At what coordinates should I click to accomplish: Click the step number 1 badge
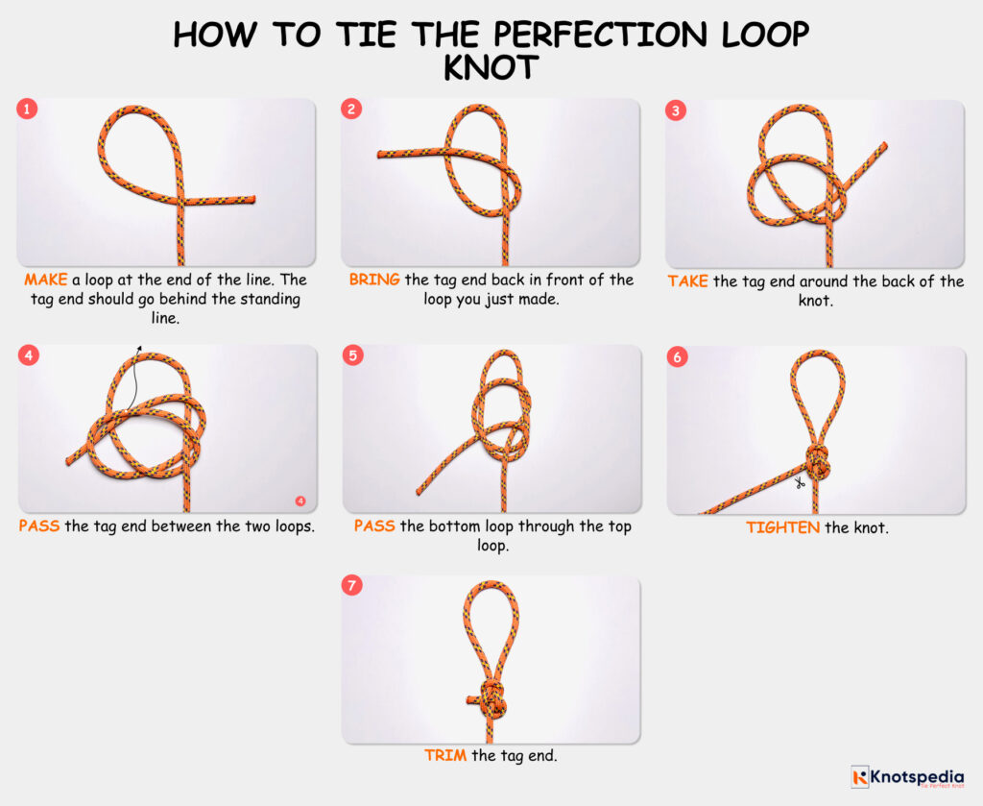click(27, 110)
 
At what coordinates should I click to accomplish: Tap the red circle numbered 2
click(352, 110)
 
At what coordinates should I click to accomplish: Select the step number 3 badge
click(677, 110)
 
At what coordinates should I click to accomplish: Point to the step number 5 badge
click(352, 356)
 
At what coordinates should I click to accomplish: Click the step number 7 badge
click(352, 586)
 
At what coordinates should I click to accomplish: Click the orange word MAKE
click(45, 281)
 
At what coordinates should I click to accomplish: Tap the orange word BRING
click(374, 281)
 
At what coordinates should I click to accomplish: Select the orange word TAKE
click(688, 281)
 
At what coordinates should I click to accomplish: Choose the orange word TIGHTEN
click(782, 527)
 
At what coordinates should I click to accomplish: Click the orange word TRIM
click(445, 756)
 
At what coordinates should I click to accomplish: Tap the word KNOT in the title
click(491, 70)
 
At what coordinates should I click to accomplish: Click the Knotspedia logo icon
click(859, 775)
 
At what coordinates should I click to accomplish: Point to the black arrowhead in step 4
click(139, 350)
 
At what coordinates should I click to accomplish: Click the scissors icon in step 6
click(798, 483)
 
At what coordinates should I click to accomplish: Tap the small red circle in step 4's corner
click(300, 501)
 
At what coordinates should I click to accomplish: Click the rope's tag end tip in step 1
click(253, 201)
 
